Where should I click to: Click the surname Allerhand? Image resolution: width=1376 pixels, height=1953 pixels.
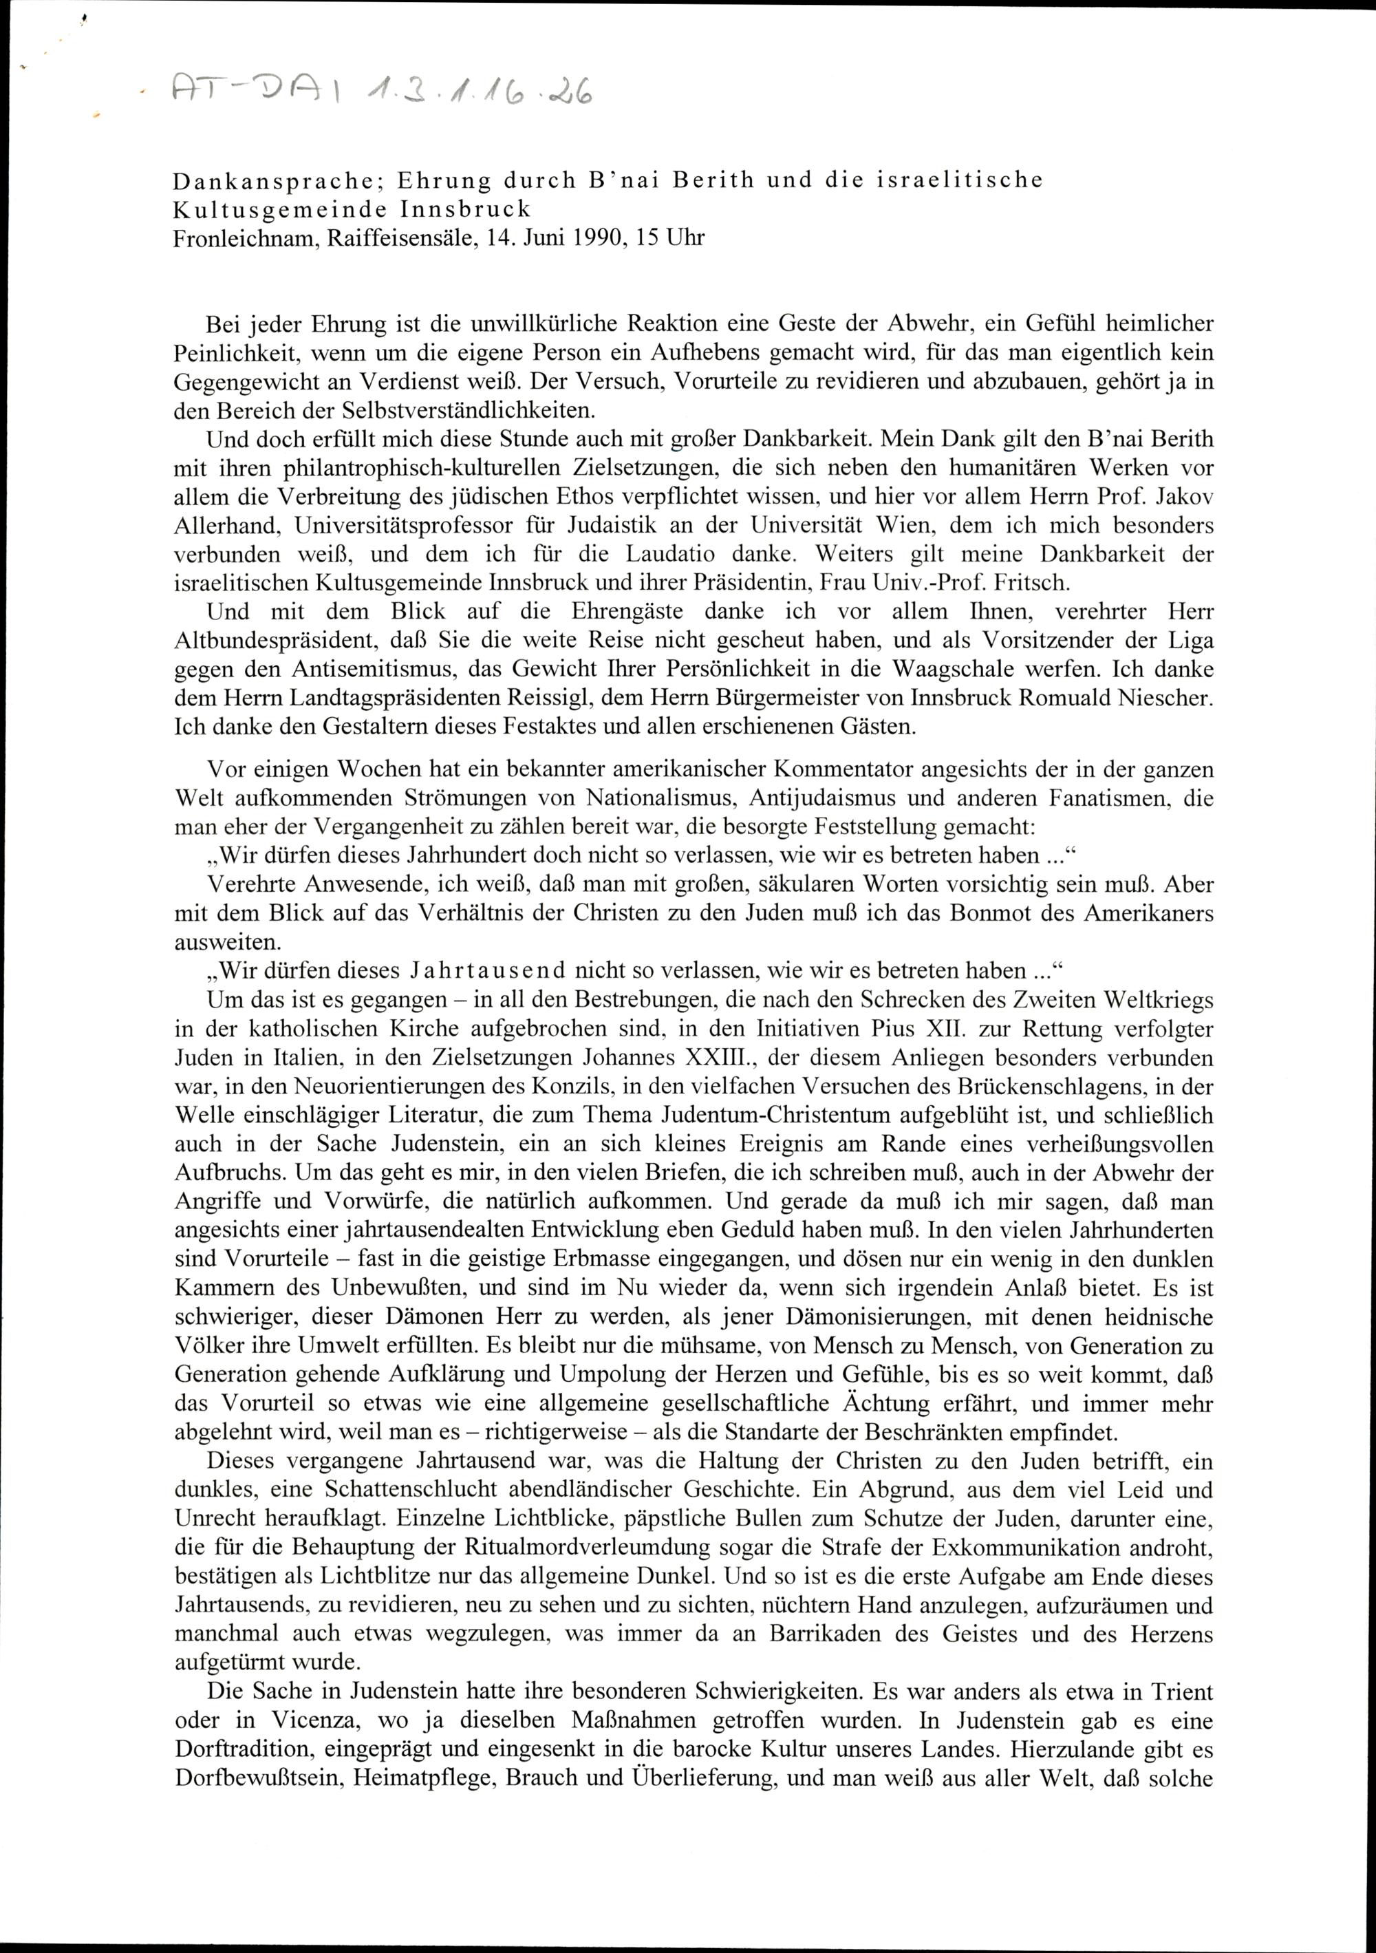(223, 526)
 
